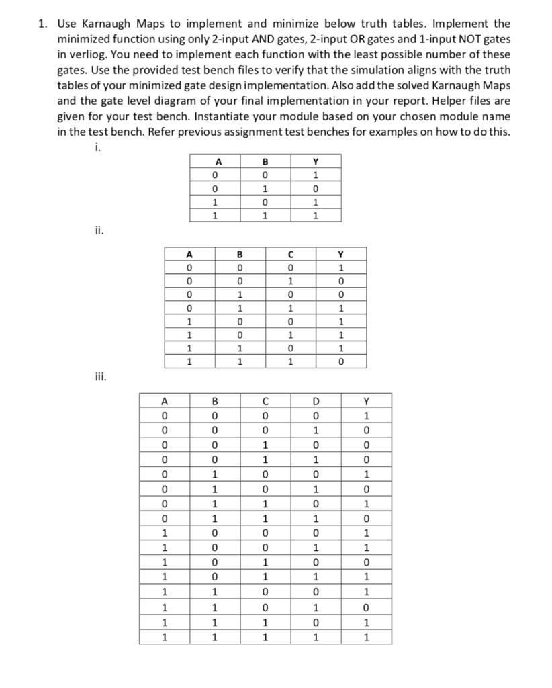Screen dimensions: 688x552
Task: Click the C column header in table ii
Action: pyautogui.click(x=288, y=255)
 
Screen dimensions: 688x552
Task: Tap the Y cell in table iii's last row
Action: pyautogui.click(x=366, y=638)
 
